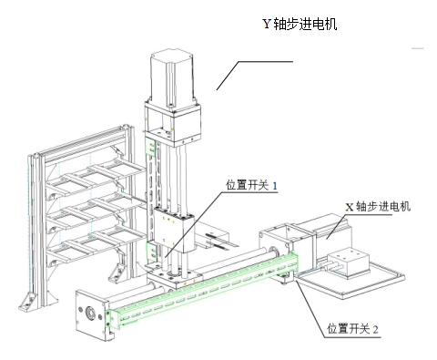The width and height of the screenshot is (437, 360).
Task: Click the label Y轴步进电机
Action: pos(300,24)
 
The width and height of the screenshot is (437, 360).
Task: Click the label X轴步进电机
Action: pos(378,207)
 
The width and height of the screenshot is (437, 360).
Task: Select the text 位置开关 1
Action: pos(251,185)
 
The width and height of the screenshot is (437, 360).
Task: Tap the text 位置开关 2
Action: pos(352,329)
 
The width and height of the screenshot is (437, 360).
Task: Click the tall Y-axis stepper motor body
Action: pos(172,79)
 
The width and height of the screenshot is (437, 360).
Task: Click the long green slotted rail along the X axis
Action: pos(202,289)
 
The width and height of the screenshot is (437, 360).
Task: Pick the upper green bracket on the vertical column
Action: pos(151,147)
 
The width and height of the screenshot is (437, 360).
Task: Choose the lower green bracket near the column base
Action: pos(151,252)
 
